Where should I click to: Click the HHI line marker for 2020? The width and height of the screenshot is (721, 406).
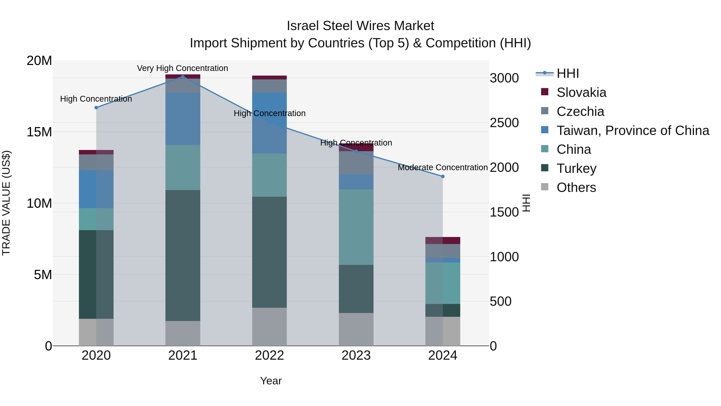coord(96,108)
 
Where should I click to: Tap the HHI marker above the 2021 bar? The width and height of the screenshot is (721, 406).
coord(183,77)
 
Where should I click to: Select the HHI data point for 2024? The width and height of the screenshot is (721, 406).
coord(443,176)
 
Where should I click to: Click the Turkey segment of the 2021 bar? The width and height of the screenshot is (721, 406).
coord(183,255)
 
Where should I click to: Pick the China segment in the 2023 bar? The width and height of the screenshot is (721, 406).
coord(356,227)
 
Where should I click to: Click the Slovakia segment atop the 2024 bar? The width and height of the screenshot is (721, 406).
coord(443,240)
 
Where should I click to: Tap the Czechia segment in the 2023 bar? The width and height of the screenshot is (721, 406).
coord(356,163)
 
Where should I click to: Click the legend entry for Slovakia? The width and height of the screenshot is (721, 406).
coord(581,92)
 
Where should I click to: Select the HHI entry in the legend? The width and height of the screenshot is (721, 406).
coord(567,73)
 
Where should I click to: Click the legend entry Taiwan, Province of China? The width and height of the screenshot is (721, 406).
coord(632,131)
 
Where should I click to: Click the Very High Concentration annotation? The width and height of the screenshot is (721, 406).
coord(182,68)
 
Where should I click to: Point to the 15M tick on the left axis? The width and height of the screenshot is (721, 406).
coord(39,132)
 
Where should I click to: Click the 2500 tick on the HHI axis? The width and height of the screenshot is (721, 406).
coord(504,123)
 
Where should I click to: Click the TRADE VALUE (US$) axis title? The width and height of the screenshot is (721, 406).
coord(6,203)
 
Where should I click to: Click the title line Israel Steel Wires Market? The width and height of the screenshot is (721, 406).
coord(360,26)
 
